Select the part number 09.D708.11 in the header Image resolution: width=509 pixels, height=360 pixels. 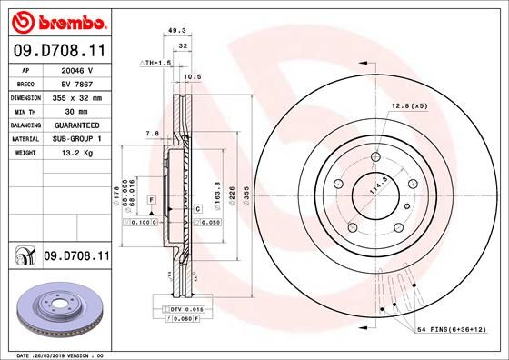click(x=58, y=50)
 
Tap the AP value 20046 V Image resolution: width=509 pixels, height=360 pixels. click(x=77, y=69)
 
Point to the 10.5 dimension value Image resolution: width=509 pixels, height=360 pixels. click(x=192, y=76)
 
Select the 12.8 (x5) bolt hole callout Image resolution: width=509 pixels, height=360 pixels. click(x=407, y=106)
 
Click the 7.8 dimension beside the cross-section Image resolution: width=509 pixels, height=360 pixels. click(x=152, y=134)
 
